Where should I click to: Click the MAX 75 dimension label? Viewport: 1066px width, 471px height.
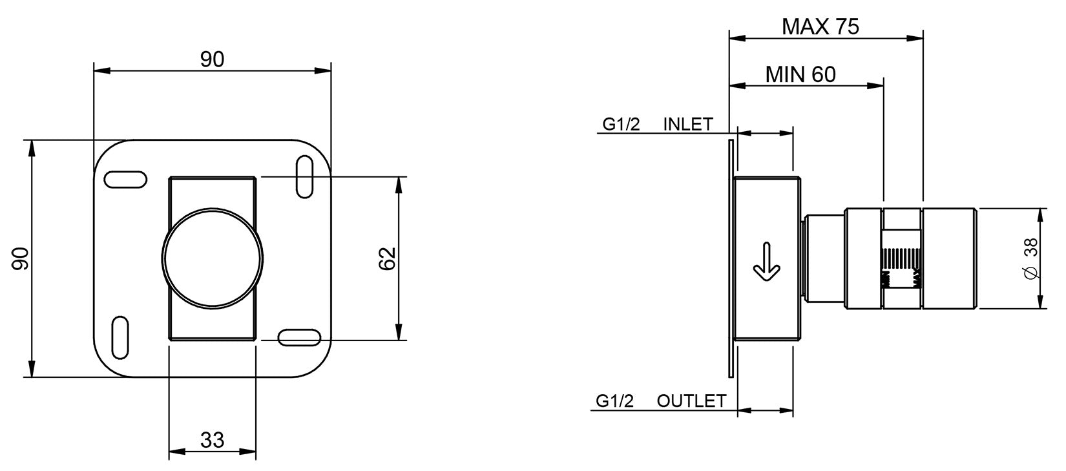[x=820, y=26]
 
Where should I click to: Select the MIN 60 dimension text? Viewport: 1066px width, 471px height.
[x=800, y=75]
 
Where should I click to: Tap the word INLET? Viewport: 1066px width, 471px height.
[x=688, y=125]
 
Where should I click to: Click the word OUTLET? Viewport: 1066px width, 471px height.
[x=691, y=401]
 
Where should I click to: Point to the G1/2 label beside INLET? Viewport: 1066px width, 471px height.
[x=622, y=125]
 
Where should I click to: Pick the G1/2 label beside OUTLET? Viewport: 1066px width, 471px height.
[x=615, y=401]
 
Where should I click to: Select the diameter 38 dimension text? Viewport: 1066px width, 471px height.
[x=1031, y=258]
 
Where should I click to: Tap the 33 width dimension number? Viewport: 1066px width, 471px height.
[x=212, y=440]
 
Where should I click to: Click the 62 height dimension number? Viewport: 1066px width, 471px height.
[x=387, y=258]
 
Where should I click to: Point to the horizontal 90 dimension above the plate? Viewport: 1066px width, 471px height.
[x=212, y=59]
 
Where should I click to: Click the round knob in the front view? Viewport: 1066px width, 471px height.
[x=213, y=258]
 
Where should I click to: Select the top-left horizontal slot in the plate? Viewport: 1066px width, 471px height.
[x=125, y=180]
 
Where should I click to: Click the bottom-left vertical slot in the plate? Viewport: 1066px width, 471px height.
[x=121, y=337]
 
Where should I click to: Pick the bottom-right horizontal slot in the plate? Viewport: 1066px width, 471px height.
[x=299, y=337]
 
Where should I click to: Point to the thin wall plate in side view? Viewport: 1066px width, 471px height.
[x=731, y=258]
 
